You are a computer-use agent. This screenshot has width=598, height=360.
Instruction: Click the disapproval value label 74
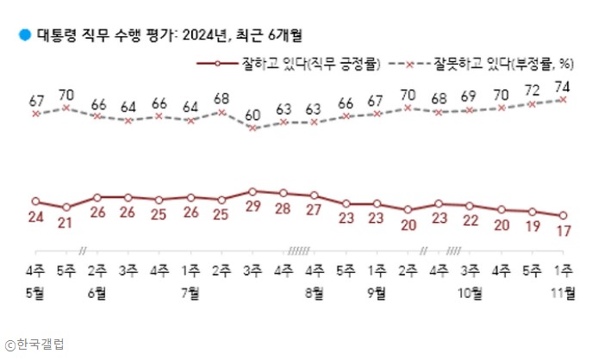(564, 85)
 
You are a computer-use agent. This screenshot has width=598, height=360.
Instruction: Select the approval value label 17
(564, 231)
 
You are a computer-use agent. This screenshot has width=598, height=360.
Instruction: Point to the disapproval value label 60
(252, 114)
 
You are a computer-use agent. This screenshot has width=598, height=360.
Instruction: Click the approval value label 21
(66, 222)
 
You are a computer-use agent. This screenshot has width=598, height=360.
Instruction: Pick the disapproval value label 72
(533, 90)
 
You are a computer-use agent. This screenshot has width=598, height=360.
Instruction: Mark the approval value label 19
(533, 227)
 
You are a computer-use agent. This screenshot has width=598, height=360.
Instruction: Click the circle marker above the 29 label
(252, 191)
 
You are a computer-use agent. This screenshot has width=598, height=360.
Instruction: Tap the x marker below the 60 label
(252, 127)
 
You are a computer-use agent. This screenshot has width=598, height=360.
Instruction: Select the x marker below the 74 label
(564, 99)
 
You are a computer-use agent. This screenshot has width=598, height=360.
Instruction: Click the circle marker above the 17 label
(564, 215)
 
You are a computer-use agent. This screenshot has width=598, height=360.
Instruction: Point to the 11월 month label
(564, 292)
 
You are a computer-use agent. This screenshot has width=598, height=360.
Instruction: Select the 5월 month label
(35, 292)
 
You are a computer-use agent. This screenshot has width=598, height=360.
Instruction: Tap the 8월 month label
(315, 292)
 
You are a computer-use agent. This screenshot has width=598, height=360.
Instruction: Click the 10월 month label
(470, 292)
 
